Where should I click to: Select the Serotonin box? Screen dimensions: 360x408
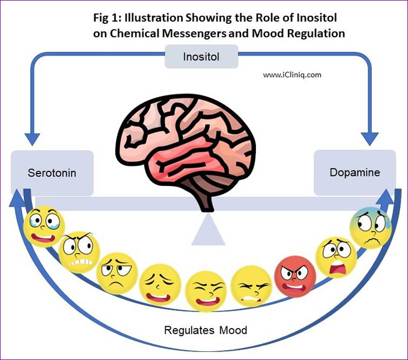[52, 173]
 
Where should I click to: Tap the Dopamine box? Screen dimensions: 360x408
[354, 172]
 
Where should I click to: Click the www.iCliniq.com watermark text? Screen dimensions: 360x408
[292, 75]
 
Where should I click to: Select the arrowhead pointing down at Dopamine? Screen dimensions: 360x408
[370, 139]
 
